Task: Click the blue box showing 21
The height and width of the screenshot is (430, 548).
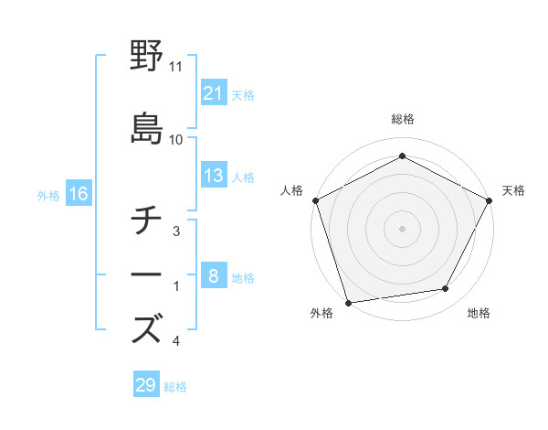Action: [213, 94]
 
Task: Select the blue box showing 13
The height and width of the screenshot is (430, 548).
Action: [213, 177]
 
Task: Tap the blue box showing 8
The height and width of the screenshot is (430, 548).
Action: [213, 277]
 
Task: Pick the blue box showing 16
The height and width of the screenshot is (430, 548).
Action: [78, 194]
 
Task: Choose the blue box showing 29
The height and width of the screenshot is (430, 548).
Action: [146, 385]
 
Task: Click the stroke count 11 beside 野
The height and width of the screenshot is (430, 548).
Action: [176, 67]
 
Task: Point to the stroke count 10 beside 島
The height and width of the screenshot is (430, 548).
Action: [176, 140]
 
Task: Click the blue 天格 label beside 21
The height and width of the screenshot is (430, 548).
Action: [242, 95]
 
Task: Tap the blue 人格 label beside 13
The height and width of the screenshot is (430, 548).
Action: [242, 177]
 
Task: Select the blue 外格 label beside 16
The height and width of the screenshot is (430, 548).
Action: [48, 195]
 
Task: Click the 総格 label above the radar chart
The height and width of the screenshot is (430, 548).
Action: [402, 119]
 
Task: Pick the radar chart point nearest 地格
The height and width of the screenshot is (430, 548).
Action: [446, 289]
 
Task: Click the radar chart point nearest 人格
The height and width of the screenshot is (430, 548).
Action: [315, 200]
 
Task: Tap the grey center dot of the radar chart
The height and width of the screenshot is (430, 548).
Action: [402, 228]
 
